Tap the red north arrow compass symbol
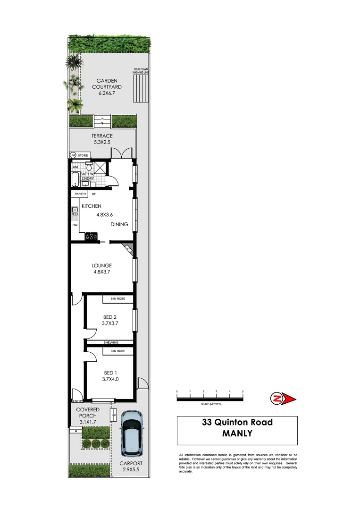[283, 399]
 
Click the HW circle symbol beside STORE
[73, 155]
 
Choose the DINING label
[119, 224]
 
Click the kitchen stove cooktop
[91, 237]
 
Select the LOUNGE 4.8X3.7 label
[101, 269]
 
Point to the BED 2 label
[109, 320]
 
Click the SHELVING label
[109, 342]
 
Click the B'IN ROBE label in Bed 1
[117, 351]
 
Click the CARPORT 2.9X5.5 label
[131, 467]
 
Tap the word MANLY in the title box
[237, 433]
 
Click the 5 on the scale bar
[243, 392]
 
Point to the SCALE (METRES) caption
[210, 404]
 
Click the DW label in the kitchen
[75, 225]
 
